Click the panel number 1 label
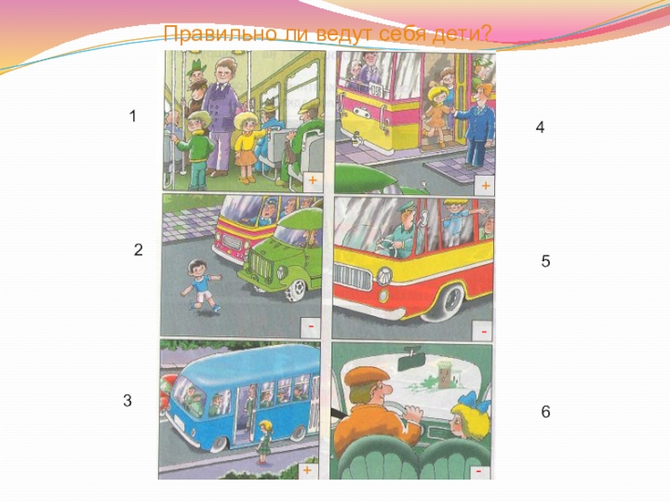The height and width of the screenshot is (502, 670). pyautogui.click(x=133, y=115)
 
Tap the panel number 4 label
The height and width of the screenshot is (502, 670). pyautogui.click(x=540, y=127)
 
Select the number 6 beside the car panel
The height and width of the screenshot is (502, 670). pyautogui.click(x=546, y=412)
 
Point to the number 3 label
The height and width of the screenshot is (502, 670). pyautogui.click(x=127, y=401)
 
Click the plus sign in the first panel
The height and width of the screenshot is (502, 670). pyautogui.click(x=312, y=180)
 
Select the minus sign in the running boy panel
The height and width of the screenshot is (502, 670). pyautogui.click(x=311, y=326)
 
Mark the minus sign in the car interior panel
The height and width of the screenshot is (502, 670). pyautogui.click(x=479, y=471)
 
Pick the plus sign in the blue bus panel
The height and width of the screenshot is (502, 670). pyautogui.click(x=307, y=470)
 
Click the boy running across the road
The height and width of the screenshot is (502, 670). pyautogui.click(x=201, y=285)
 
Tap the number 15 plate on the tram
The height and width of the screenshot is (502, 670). pyautogui.click(x=375, y=90)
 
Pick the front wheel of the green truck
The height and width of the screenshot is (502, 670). pyautogui.click(x=296, y=290)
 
